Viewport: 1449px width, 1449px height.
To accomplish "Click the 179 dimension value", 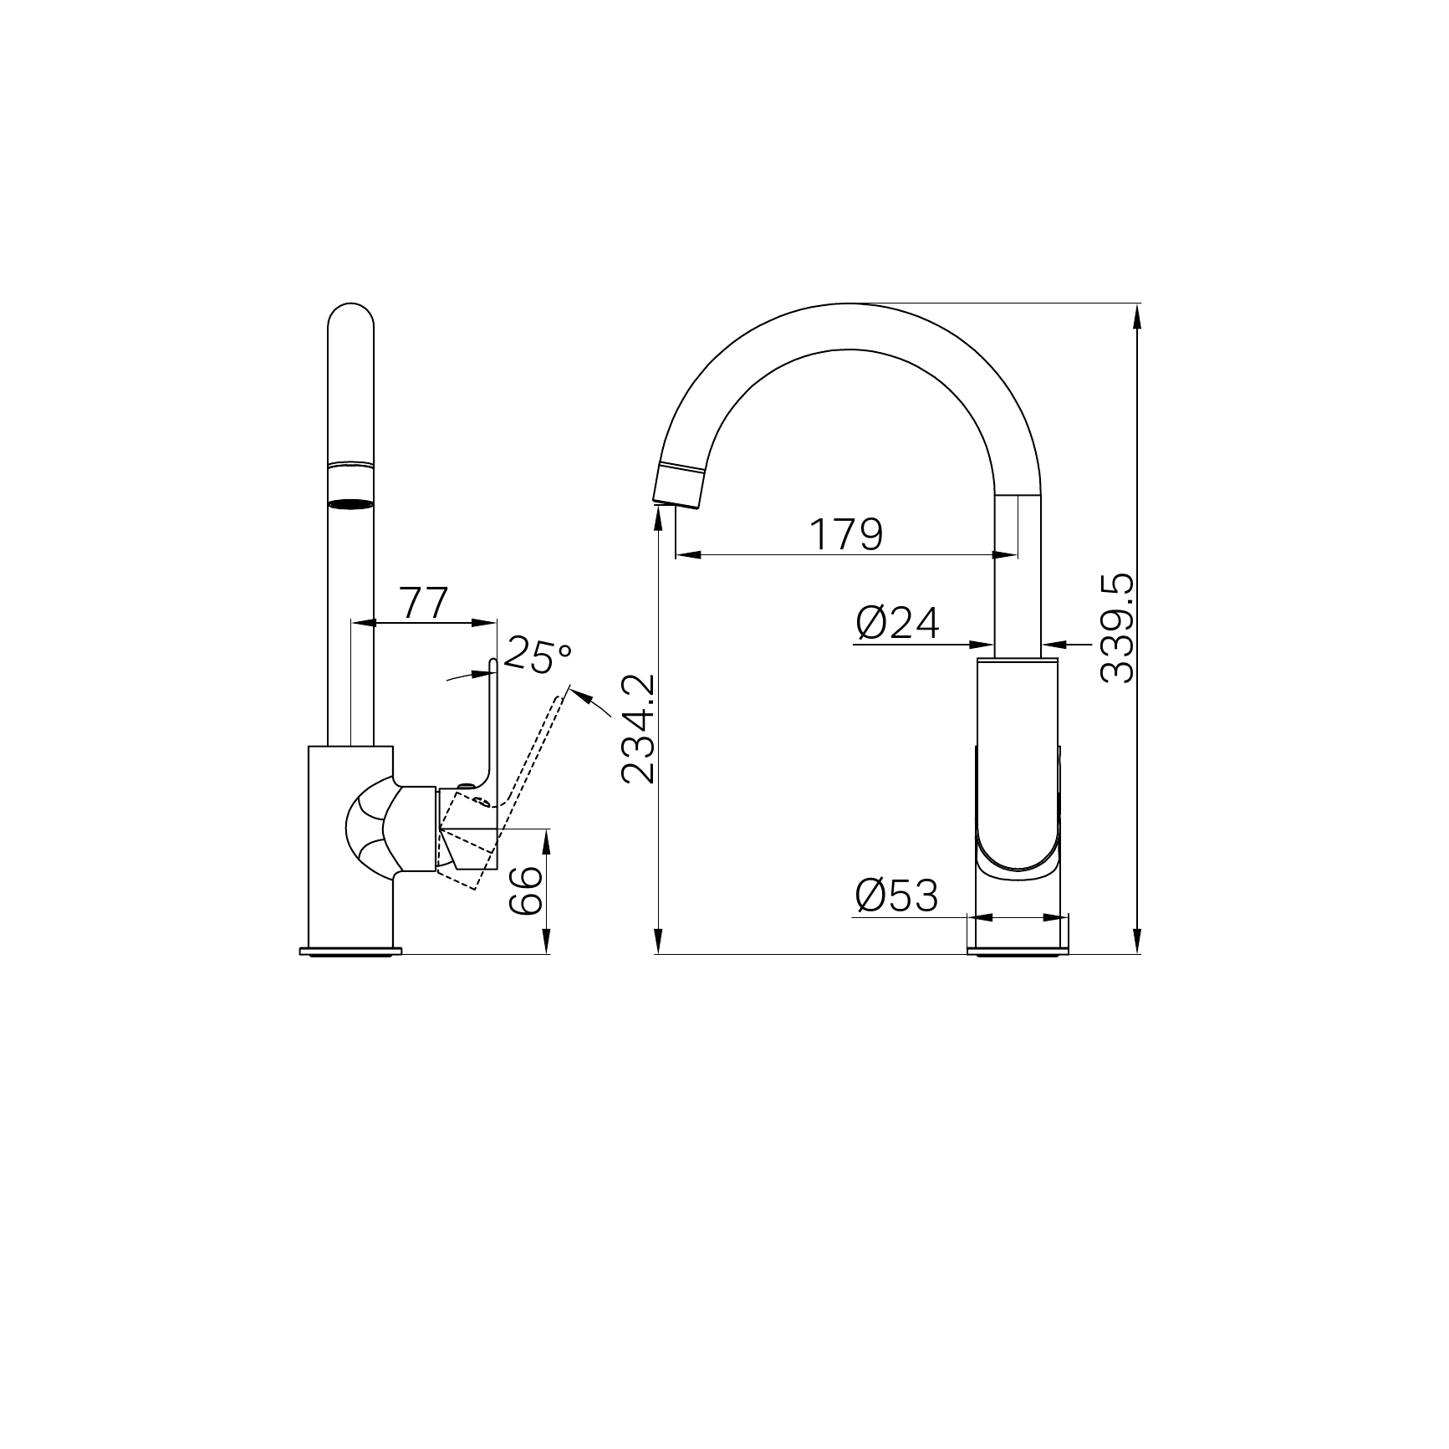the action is pyautogui.click(x=846, y=534).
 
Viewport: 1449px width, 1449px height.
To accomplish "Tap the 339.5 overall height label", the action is pyautogui.click(x=1118, y=628).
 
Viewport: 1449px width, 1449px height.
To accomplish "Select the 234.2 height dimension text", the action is pyautogui.click(x=639, y=729).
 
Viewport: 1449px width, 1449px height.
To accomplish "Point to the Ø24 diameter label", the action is pyautogui.click(x=898, y=623).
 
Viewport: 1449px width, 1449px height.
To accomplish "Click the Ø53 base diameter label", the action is pyautogui.click(x=897, y=896).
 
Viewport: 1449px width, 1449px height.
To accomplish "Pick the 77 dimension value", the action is pyautogui.click(x=426, y=603).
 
